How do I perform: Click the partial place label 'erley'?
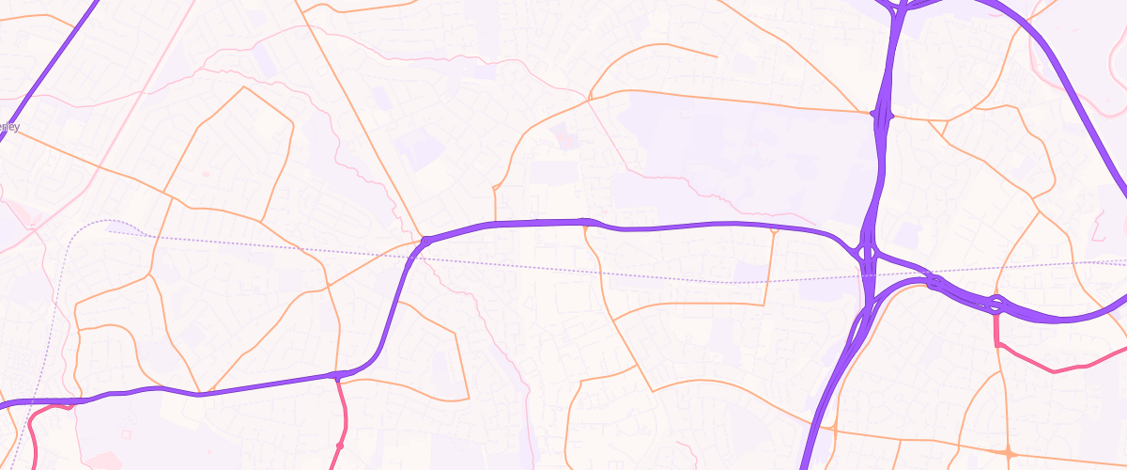(x=10, y=127)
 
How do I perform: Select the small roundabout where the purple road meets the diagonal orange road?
(x=425, y=242)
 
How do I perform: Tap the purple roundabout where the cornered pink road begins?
(x=996, y=304)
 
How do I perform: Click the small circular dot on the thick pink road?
(x=340, y=445)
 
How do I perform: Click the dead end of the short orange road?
(x=717, y=57)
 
